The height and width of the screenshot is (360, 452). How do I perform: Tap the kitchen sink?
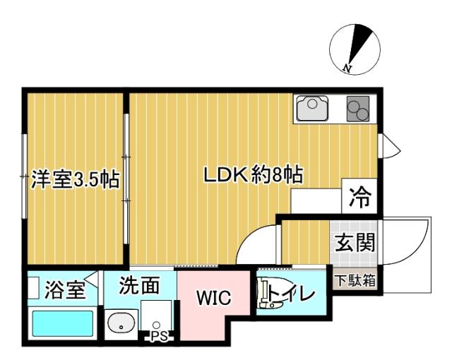click(310, 109)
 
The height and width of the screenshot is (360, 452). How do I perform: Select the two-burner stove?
click(359, 109)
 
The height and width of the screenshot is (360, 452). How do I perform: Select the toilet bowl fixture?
click(268, 295)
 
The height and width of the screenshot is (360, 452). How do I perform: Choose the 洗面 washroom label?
click(138, 286)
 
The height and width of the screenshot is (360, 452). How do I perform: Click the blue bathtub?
click(63, 325)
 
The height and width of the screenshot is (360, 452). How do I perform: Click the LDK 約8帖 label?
click(253, 175)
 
